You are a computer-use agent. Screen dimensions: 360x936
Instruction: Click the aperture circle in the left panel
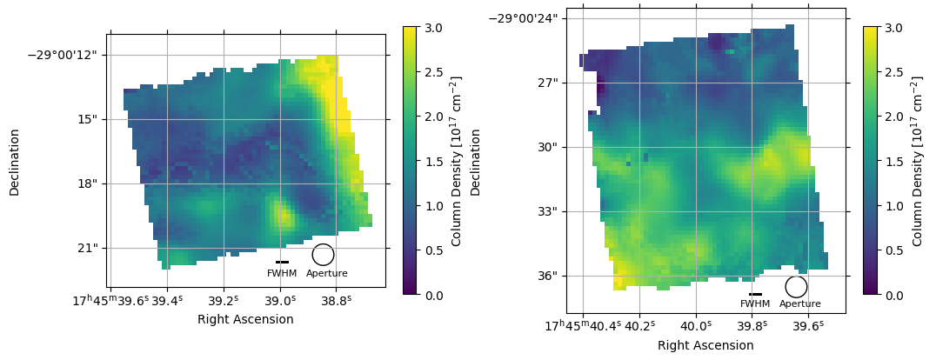323,255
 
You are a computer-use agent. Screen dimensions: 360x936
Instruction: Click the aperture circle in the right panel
796,287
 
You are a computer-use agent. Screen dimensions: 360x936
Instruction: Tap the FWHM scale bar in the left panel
282,262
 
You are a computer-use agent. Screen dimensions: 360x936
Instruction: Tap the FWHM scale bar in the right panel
755,294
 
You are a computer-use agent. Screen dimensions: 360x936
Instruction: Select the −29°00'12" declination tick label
62,55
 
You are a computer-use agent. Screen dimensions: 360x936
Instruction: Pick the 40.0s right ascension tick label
696,326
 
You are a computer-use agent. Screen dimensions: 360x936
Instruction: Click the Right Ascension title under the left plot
245,319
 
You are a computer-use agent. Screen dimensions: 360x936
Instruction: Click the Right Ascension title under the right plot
705,345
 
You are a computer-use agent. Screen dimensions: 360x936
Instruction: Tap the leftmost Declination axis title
15,162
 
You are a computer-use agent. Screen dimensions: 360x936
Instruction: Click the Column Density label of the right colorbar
918,162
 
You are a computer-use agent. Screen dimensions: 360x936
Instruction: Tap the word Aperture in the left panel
327,274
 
